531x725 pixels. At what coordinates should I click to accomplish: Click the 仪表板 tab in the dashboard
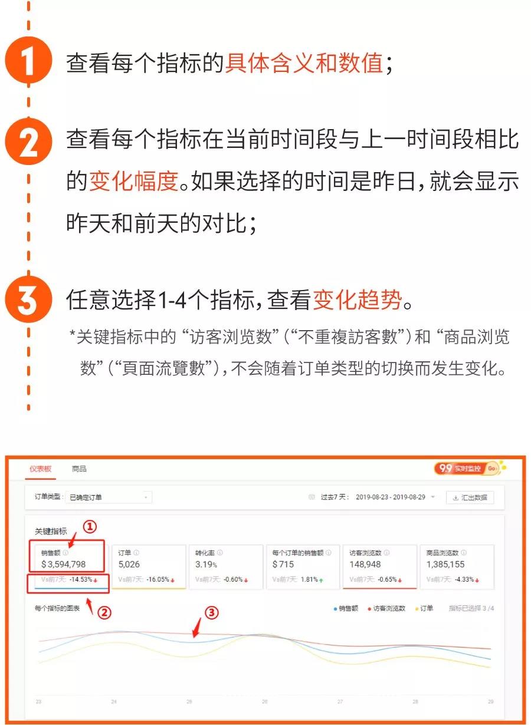(41, 469)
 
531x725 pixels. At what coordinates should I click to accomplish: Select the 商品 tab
(79, 469)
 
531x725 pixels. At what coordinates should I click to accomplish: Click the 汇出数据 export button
(470, 497)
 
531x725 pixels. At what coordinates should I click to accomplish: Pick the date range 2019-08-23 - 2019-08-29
(391, 497)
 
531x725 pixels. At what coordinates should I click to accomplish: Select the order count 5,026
(129, 565)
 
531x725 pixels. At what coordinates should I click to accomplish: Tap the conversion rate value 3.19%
(205, 565)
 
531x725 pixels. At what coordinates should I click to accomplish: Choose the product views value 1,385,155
(445, 565)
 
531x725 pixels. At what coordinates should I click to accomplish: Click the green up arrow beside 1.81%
(322, 580)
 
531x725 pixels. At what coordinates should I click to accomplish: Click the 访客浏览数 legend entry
(387, 608)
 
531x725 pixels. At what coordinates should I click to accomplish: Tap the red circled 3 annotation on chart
(212, 613)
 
